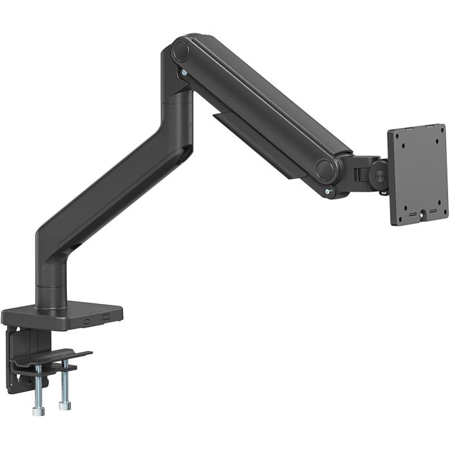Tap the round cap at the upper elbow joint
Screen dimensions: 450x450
pos(181,50)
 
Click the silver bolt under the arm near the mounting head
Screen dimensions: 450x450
pos(329,190)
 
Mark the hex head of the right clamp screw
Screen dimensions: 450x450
pos(63,406)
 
